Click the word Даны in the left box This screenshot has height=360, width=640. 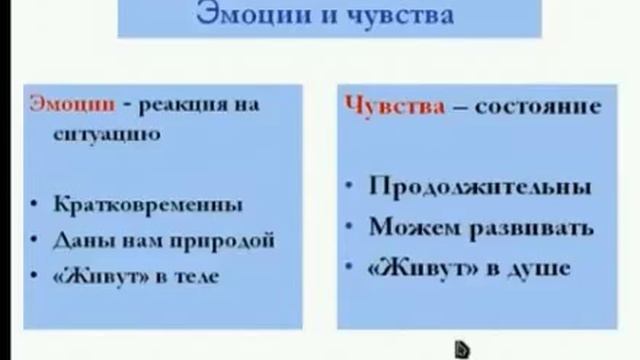78,240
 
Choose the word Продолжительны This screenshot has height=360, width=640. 479,187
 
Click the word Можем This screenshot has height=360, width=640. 412,227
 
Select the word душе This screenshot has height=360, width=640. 539,267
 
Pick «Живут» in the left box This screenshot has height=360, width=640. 103,275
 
